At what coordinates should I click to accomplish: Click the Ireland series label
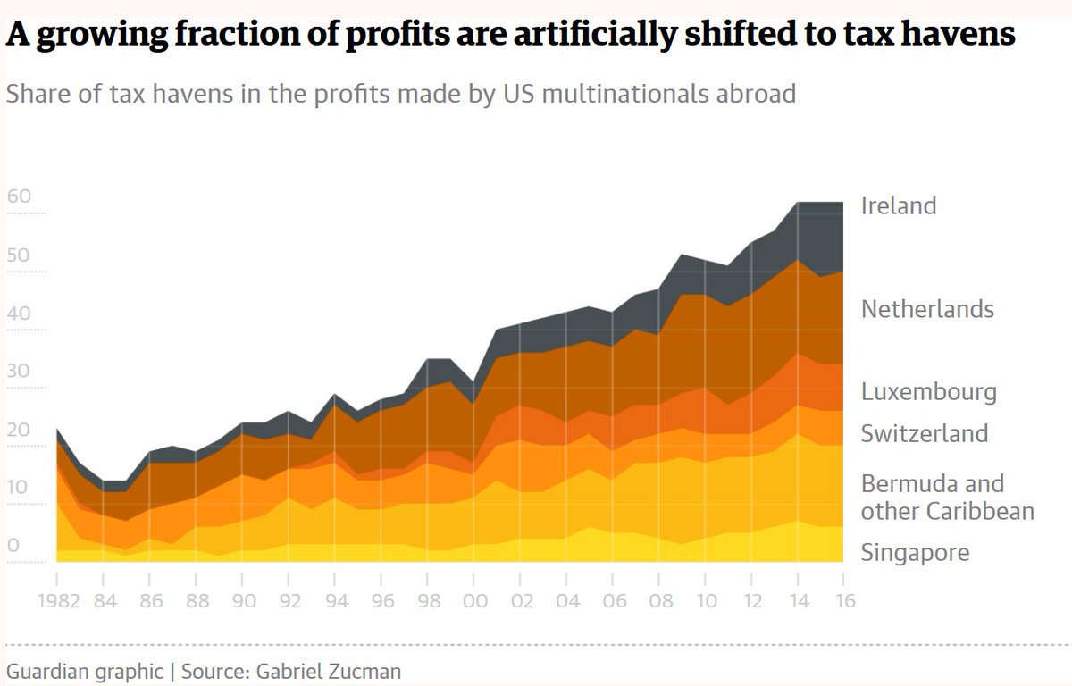tap(899, 205)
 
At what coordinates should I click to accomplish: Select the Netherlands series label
tap(927, 309)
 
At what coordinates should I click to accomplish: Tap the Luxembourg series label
tap(929, 391)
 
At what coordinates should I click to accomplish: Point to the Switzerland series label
tap(925, 433)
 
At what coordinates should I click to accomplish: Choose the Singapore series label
tap(915, 552)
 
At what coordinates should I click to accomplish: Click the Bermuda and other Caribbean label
tap(947, 497)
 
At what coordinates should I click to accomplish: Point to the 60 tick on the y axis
tap(19, 197)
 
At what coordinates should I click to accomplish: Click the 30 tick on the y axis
tap(19, 371)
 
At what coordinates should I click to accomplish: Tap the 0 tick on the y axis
tap(13, 545)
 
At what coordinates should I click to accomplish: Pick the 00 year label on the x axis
tap(475, 600)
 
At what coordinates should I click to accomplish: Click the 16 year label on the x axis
tap(844, 600)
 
